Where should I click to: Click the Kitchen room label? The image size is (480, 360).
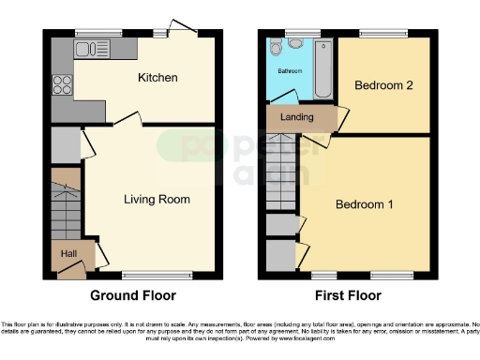tap(157, 77)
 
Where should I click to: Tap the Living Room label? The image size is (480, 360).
tap(157, 199)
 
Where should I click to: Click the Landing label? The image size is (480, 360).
tap(299, 118)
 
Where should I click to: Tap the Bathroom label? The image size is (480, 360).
tap(288, 70)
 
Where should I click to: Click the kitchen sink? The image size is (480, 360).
tap(92, 45)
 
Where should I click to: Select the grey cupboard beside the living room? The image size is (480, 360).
tap(65, 145)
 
